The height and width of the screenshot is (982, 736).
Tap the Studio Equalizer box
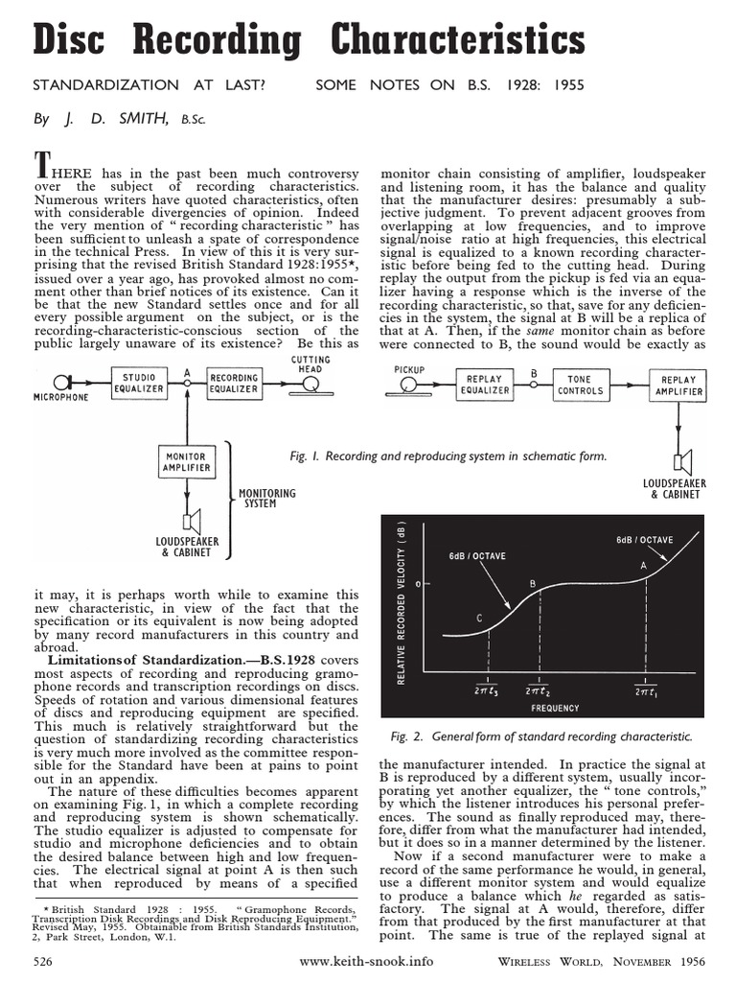(138, 383)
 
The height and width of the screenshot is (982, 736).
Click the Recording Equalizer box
(234, 383)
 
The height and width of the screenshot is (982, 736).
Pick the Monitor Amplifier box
(187, 462)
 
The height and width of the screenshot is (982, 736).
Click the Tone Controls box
(581, 385)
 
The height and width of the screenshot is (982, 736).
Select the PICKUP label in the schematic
(408, 367)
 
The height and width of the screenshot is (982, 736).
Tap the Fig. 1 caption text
(448, 456)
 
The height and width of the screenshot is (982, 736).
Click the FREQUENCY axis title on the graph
(556, 708)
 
